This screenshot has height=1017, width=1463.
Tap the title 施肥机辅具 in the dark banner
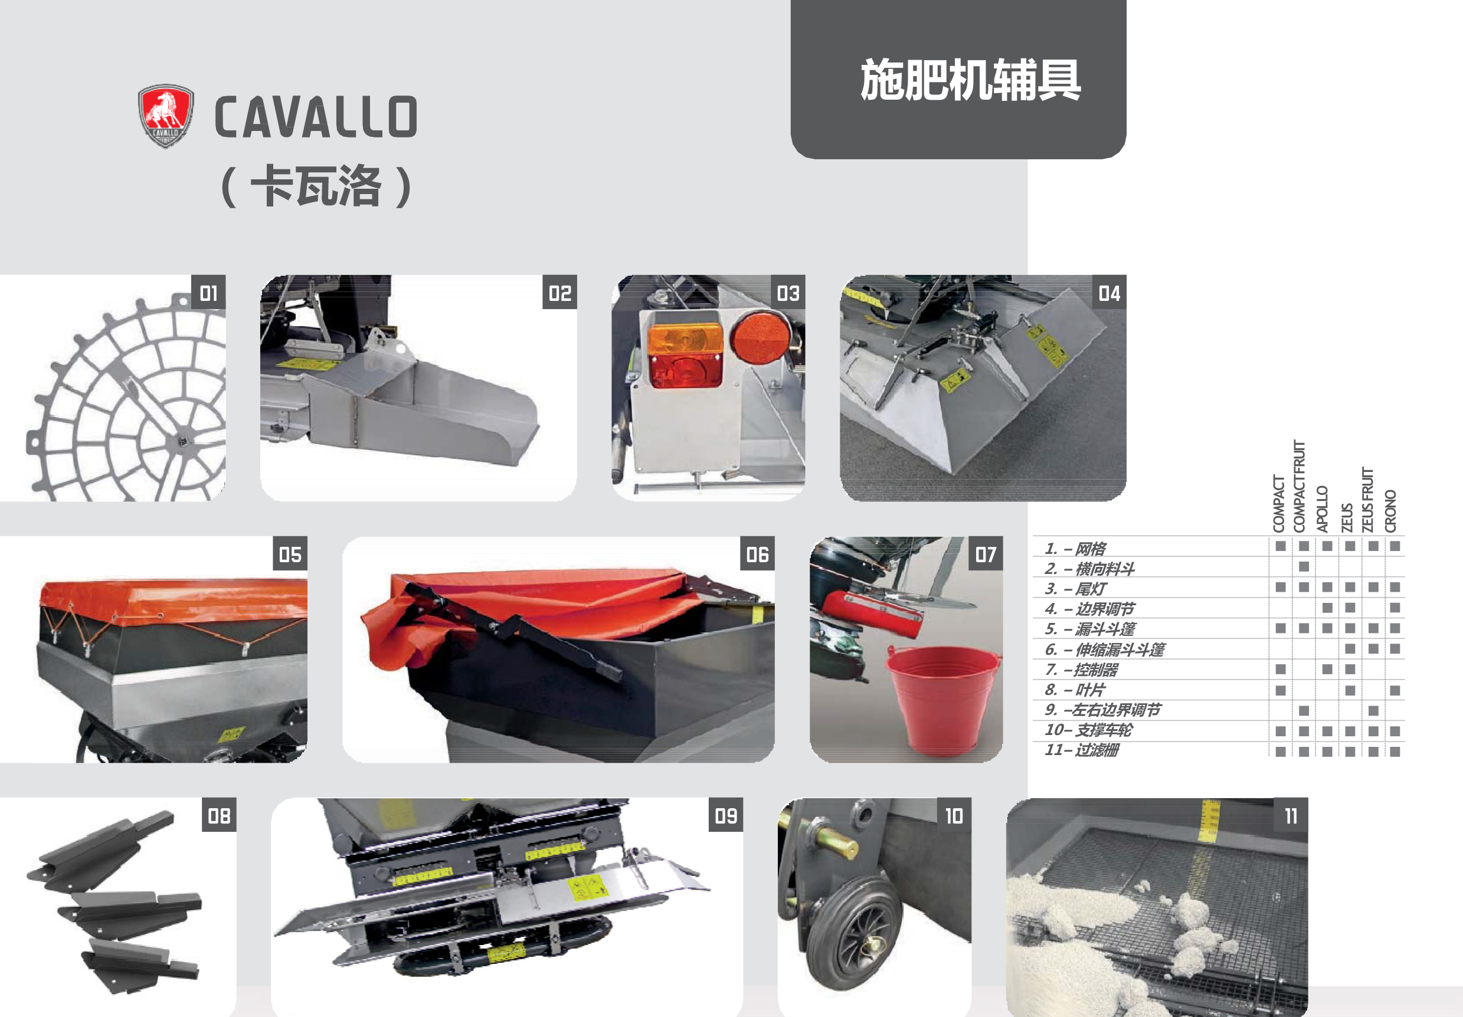(x=970, y=80)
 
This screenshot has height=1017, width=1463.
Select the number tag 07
(x=985, y=554)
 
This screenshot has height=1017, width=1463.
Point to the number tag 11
(x=1291, y=815)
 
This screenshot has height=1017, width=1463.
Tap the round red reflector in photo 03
(x=760, y=337)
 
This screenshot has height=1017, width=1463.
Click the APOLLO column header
(x=1322, y=509)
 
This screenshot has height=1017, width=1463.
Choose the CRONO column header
(x=1390, y=511)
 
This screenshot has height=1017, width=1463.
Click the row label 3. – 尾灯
(x=1076, y=588)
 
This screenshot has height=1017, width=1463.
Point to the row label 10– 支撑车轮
(x=1088, y=730)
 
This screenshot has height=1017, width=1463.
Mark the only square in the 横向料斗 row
(x=1304, y=566)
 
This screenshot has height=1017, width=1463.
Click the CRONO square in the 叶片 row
(x=1395, y=690)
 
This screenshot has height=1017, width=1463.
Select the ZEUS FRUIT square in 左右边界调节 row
(x=1373, y=711)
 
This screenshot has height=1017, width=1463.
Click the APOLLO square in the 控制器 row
(x=1327, y=670)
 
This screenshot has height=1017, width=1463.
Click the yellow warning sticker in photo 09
(x=585, y=887)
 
